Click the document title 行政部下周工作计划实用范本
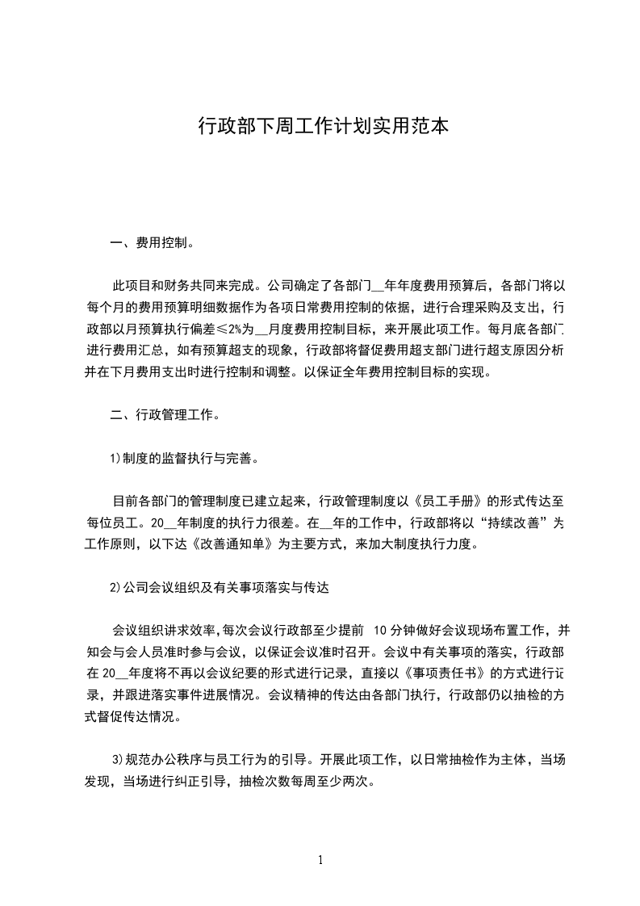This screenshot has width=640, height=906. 323,126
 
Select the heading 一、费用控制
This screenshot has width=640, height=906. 151,242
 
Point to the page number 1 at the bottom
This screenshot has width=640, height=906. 320,860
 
